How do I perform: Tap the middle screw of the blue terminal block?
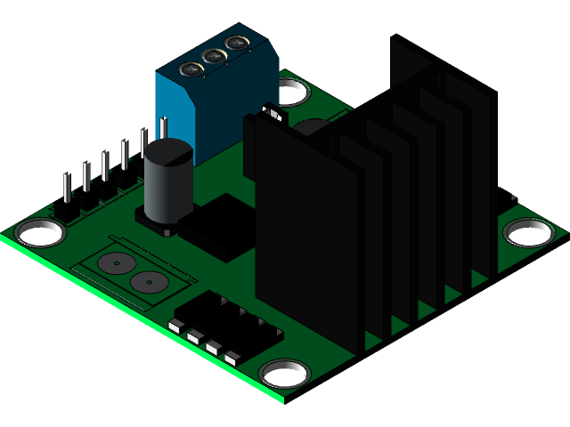(x=214, y=57)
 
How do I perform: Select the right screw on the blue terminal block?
(x=236, y=43)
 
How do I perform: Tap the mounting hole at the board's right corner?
(x=529, y=232)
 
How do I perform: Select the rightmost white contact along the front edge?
(x=232, y=358)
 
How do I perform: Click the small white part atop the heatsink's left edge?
(x=273, y=114)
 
